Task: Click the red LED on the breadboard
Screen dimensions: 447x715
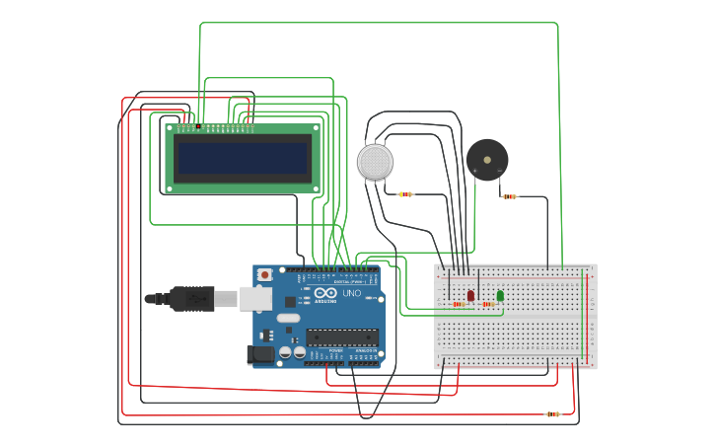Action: (x=470, y=295)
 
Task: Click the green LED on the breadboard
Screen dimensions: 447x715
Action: (x=500, y=295)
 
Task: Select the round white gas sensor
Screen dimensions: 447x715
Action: (x=375, y=161)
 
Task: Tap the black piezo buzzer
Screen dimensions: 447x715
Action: (x=487, y=158)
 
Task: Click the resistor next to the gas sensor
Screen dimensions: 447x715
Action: (x=405, y=194)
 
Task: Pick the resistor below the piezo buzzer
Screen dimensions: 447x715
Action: (x=509, y=196)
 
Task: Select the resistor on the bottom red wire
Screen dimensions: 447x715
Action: (x=552, y=414)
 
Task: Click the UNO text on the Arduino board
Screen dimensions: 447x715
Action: (x=351, y=293)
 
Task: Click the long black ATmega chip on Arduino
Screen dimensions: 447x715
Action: (x=341, y=336)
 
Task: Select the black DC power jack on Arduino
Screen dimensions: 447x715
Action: (x=263, y=353)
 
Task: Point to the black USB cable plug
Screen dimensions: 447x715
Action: (x=191, y=298)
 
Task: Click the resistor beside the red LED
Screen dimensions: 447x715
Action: (x=459, y=304)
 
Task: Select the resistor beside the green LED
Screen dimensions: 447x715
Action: (x=489, y=304)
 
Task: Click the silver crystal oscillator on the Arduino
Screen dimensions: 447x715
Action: (x=286, y=318)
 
